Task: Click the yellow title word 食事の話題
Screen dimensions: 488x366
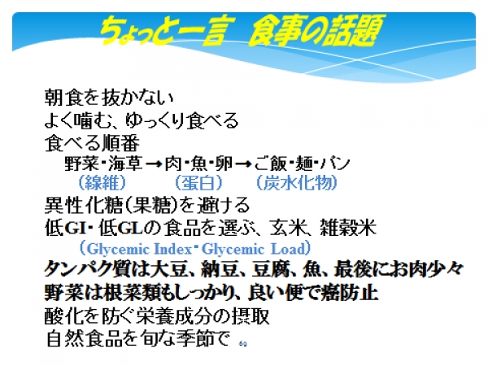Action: click(316, 31)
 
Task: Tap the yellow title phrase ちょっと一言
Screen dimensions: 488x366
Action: click(162, 31)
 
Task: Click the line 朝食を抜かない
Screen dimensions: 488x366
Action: click(109, 97)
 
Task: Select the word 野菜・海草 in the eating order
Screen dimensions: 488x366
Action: click(103, 163)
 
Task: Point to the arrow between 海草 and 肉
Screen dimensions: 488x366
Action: click(154, 163)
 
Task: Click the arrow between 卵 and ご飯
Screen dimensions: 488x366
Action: click(242, 163)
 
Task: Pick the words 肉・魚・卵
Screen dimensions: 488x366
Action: click(198, 163)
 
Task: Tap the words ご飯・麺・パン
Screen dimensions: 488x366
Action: click(302, 163)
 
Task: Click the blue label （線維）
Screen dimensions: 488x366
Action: click(102, 182)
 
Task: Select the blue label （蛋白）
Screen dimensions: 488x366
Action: click(198, 182)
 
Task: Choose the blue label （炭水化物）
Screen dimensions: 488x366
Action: click(297, 182)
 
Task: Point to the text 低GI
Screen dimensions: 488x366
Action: click(65, 228)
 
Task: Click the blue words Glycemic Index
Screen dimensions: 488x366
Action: click(140, 249)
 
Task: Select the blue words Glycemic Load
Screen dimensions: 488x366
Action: click(253, 249)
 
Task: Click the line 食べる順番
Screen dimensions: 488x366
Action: click(92, 143)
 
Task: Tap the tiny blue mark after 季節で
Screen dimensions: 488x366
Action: click(243, 344)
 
